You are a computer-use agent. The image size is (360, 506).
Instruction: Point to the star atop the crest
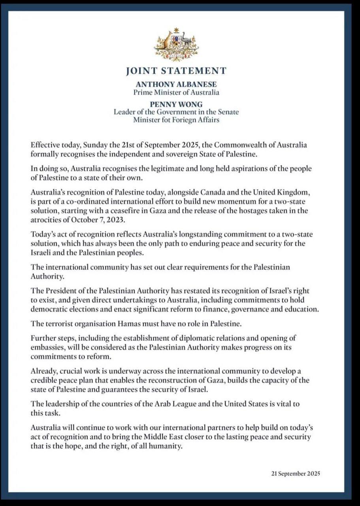176,30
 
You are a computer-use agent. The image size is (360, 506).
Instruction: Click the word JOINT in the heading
140,71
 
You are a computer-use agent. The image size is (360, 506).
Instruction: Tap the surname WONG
192,104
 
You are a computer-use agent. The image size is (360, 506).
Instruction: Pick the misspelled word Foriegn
178,120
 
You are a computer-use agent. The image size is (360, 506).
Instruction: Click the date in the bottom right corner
296,474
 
